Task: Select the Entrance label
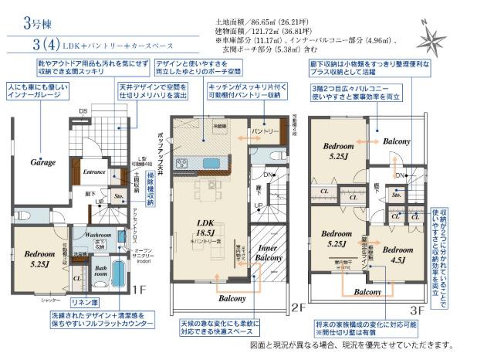click(94, 172)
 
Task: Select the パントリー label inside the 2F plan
click(264, 131)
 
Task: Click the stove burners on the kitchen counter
click(182, 163)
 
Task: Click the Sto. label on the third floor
click(396, 196)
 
